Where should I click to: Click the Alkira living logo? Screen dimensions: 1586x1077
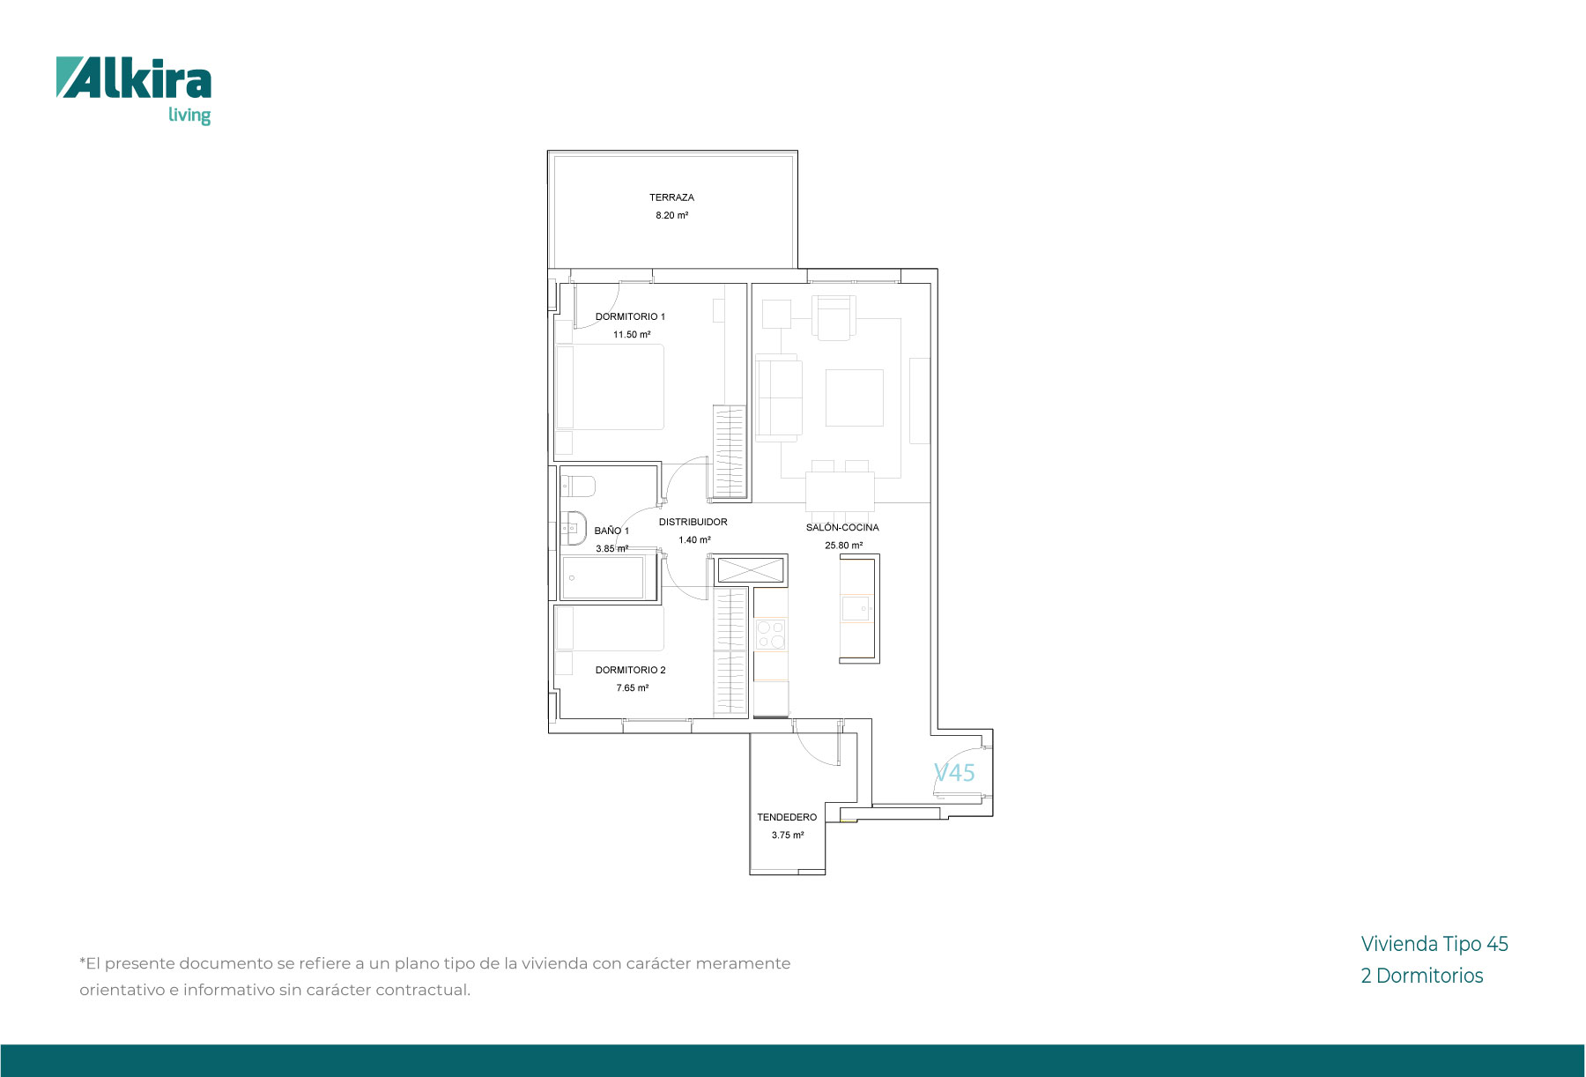click(134, 91)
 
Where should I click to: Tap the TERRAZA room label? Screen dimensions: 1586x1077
click(671, 197)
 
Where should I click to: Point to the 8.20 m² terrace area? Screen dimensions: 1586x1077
click(671, 215)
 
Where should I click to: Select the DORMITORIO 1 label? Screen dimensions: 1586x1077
click(630, 316)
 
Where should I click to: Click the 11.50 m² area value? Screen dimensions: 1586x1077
click(632, 335)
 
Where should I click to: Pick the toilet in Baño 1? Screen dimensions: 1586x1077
click(578, 486)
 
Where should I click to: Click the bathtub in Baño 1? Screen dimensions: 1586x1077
click(608, 577)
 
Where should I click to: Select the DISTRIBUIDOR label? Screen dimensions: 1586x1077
click(693, 522)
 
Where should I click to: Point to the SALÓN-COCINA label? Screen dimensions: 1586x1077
click(842, 527)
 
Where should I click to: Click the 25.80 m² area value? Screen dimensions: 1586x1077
click(843, 546)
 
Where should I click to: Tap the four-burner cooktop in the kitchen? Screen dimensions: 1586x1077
click(771, 635)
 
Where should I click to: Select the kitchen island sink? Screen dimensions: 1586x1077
click(856, 609)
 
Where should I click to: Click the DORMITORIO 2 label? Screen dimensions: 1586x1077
click(630, 670)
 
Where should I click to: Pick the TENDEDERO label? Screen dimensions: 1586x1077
click(787, 817)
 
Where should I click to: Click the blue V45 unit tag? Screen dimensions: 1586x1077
click(954, 772)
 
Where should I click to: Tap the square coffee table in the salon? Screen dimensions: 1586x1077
click(854, 397)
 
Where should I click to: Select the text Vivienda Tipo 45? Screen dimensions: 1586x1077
click(1434, 944)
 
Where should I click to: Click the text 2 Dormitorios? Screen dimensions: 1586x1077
click(1422, 976)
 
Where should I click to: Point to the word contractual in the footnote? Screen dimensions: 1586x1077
click(421, 990)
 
